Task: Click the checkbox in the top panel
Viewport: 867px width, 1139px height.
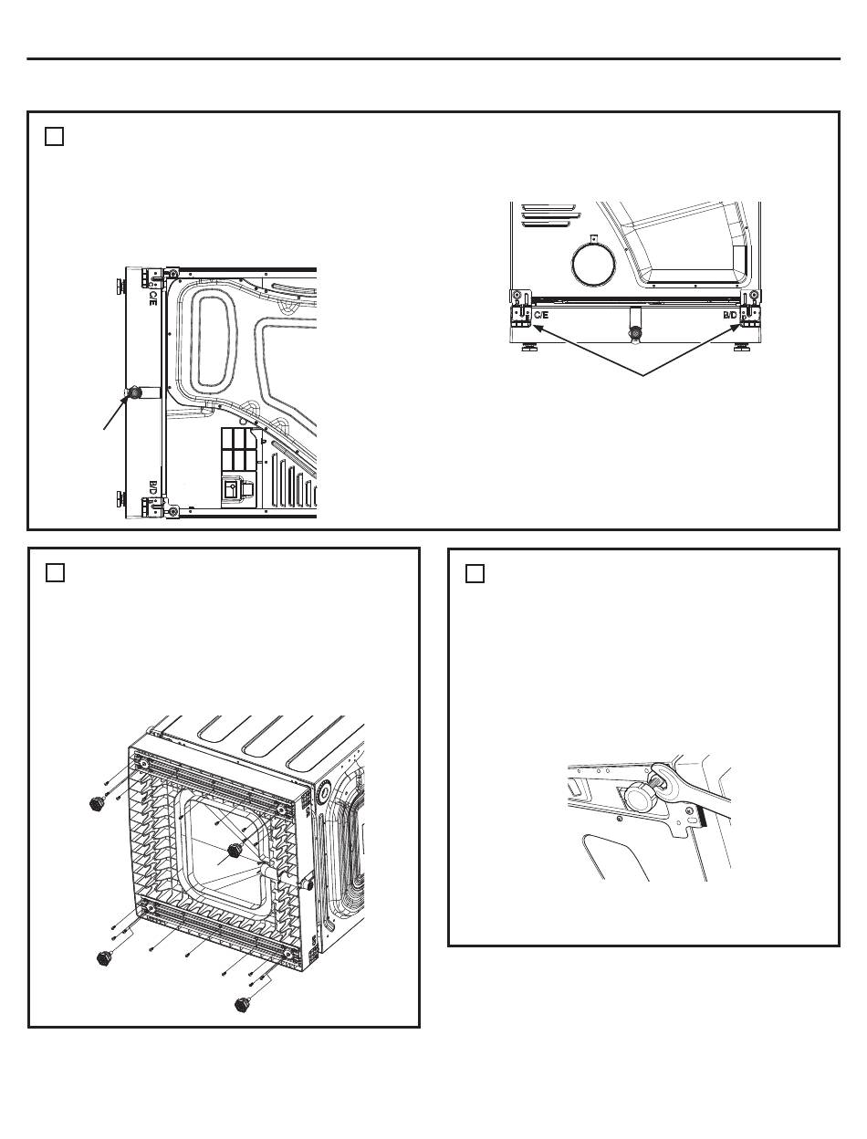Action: [54, 137]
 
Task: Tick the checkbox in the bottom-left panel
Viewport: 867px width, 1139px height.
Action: [54, 573]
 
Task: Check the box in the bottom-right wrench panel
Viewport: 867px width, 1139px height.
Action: [475, 573]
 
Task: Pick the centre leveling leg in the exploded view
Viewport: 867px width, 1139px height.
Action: [234, 851]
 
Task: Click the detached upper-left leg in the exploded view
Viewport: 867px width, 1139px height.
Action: [94, 803]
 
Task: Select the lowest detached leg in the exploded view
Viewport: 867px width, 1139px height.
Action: [242, 1004]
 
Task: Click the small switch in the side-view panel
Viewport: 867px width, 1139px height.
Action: [231, 491]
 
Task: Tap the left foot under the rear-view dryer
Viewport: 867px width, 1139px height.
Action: [528, 348]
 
